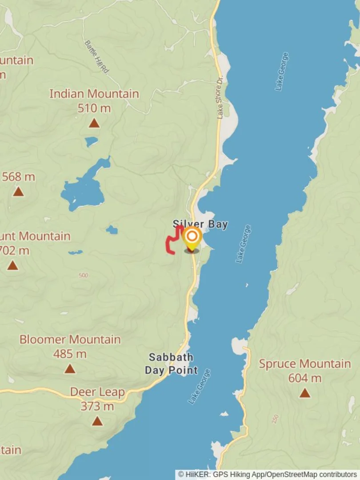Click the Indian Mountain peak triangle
point(94,123)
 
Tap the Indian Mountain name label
point(94,94)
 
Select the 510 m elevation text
point(94,108)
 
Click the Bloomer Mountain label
point(70,340)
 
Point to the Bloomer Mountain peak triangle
point(70,368)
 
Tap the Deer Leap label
point(97,392)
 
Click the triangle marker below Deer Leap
point(97,420)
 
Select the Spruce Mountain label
point(304,364)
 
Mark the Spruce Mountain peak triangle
point(304,393)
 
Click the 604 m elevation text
point(304,378)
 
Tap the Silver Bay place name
point(200,224)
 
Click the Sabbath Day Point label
point(171,363)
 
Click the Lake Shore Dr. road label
point(220,99)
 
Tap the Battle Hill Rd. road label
point(96,57)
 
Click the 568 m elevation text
point(18,177)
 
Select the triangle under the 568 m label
point(18,192)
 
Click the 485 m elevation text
point(70,354)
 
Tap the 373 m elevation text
point(97,406)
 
